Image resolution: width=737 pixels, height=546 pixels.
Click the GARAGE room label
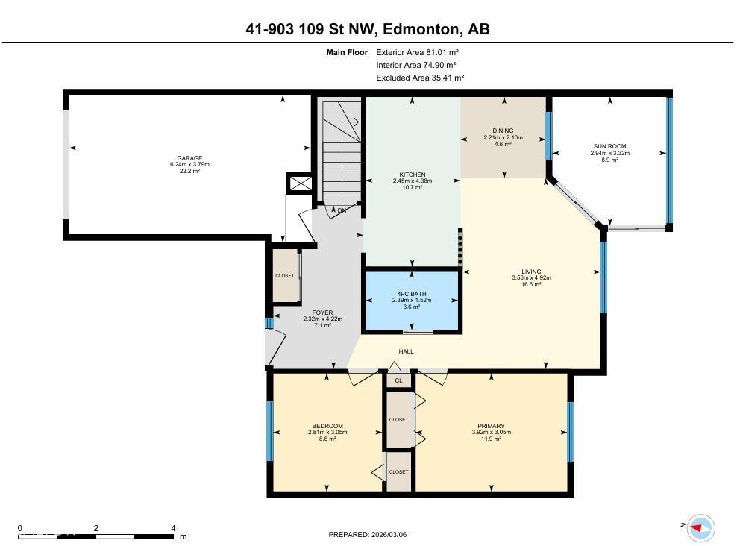189,158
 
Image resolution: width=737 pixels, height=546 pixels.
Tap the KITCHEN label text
412,175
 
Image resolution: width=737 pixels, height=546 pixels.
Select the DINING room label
504,131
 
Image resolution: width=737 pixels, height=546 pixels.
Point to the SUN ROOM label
609,146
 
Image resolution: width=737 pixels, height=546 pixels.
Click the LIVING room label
531,272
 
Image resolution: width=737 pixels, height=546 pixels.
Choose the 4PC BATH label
412,293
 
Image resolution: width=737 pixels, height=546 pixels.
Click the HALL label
406,351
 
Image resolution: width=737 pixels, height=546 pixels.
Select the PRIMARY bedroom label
491,426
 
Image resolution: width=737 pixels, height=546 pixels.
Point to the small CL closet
398,380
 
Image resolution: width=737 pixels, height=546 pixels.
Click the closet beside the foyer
285,275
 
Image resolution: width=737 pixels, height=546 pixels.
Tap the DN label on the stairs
342,211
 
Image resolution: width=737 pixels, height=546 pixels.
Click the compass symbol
700,527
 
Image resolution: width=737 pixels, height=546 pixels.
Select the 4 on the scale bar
173,527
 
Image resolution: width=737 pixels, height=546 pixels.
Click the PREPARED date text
368,534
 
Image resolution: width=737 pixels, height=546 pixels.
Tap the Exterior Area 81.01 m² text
416,52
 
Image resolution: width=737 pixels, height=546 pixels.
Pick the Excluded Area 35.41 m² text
419,78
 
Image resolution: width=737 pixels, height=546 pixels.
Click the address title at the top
368,29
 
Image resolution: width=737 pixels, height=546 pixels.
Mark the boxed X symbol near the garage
300,183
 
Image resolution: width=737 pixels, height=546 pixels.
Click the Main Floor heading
347,52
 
